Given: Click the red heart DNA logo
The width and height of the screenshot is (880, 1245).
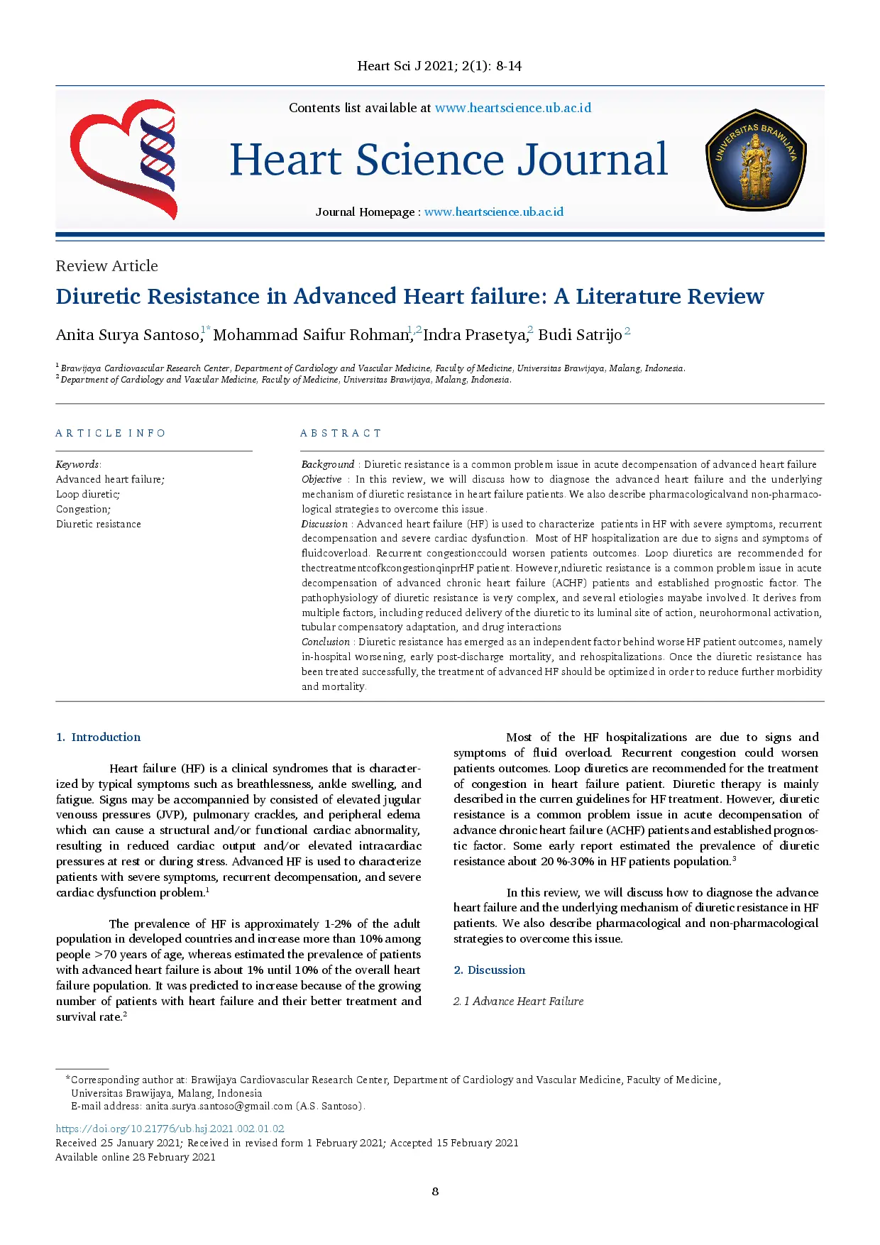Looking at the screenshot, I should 123,159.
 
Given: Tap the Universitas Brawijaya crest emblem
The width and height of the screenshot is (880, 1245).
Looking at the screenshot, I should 756,160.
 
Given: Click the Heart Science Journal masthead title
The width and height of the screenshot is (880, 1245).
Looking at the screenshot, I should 449,160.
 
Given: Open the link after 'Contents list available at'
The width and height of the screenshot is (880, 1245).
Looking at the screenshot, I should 512,108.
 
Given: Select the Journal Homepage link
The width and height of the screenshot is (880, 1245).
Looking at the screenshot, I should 494,212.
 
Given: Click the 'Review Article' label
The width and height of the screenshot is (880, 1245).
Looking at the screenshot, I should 107,266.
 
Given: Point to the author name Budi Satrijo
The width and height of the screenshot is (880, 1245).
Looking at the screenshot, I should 580,335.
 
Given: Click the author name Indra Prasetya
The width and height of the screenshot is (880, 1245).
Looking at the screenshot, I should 475,335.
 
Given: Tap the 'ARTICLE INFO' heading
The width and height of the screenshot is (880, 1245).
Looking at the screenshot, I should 111,433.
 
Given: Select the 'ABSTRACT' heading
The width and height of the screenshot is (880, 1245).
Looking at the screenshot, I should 341,433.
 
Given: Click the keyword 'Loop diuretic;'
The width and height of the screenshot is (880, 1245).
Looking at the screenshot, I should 88,494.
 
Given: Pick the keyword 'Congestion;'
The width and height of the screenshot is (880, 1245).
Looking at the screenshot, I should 83,509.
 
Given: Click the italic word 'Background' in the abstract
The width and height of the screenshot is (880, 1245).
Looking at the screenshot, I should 328,464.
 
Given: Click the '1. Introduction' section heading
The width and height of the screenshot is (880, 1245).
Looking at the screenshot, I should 99,737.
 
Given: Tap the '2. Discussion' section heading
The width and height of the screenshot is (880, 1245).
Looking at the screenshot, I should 490,970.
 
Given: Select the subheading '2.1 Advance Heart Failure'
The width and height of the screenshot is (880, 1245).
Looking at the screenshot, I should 519,1001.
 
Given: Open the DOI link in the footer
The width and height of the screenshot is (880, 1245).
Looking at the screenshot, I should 170,1129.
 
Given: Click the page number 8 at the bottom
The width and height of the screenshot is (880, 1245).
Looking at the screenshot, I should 435,1191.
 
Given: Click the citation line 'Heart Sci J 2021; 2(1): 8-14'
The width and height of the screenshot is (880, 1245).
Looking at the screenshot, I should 439,66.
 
